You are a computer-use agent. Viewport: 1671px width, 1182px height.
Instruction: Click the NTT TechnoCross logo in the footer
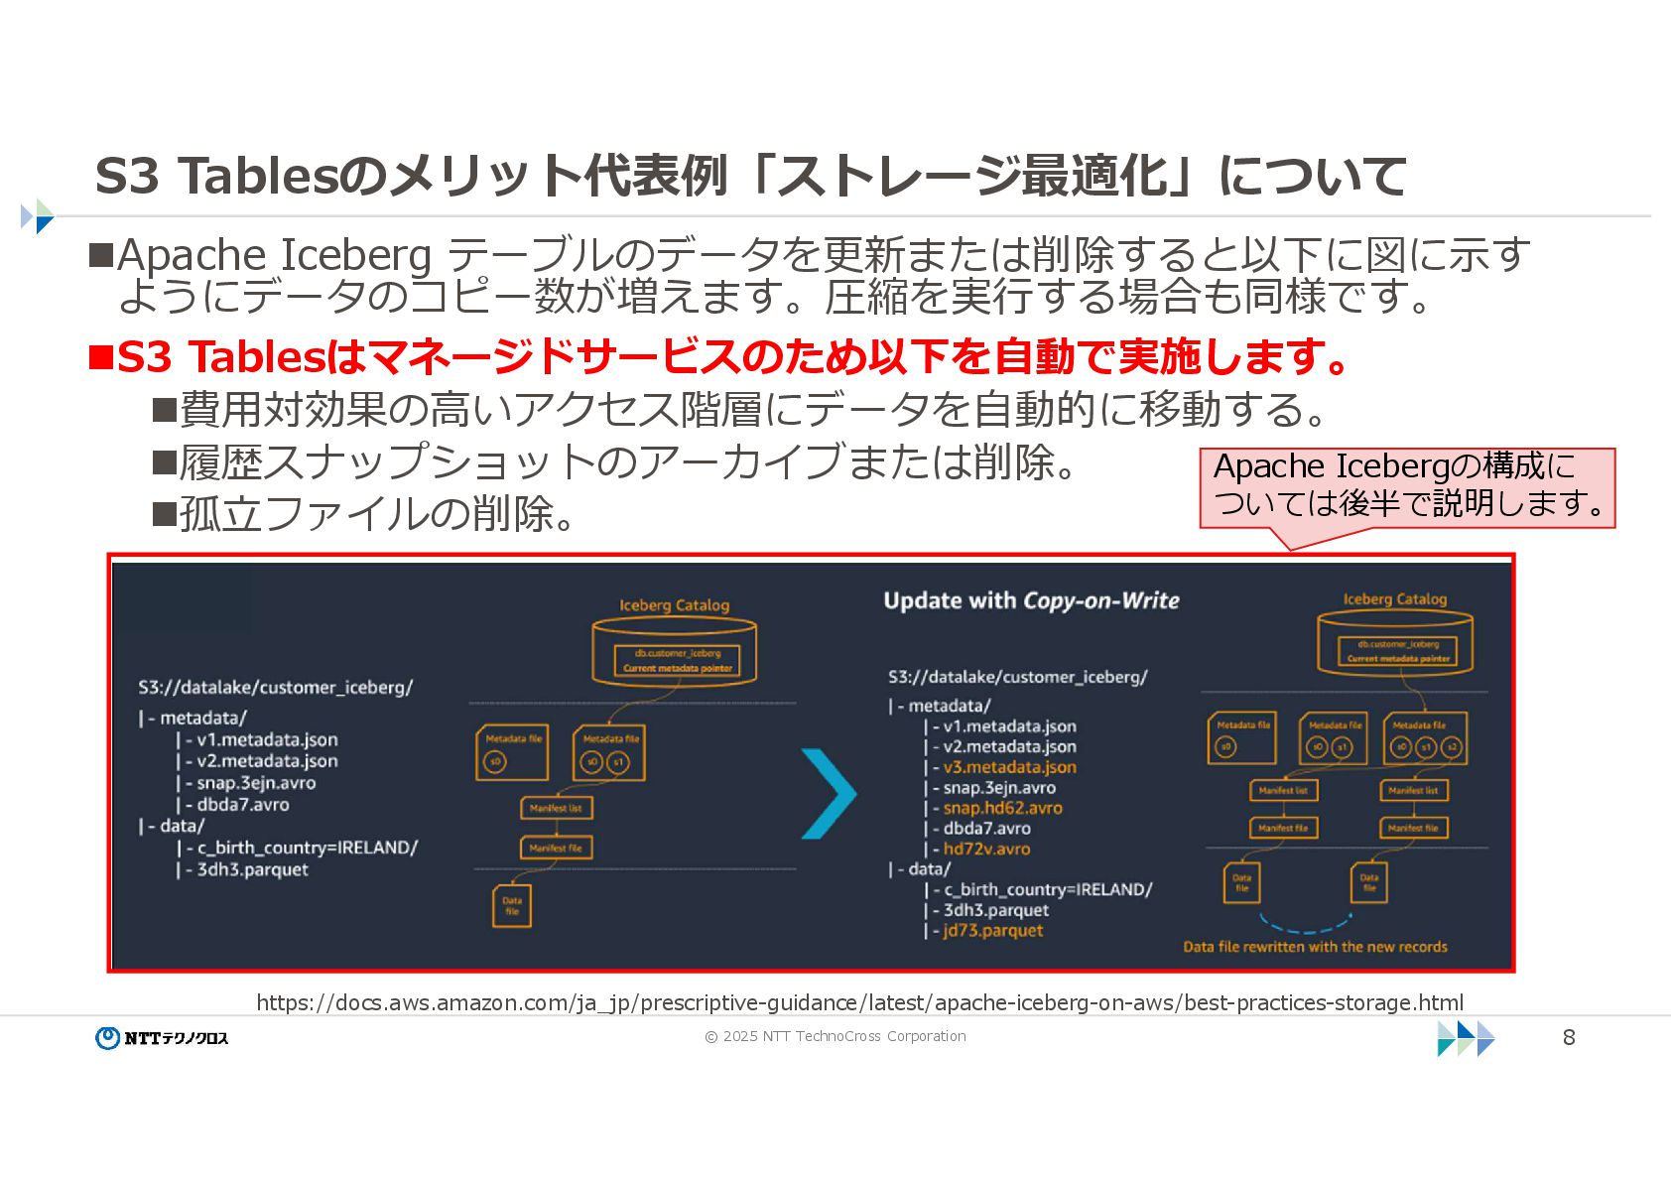pos(162,1037)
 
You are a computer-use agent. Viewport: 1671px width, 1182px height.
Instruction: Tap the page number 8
pos(1569,1037)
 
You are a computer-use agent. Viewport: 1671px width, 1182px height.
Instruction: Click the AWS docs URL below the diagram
pos(859,1002)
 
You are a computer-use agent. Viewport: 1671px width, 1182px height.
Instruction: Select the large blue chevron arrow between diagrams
pos(828,793)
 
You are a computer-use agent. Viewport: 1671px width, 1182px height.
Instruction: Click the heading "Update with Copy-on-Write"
pos(1031,600)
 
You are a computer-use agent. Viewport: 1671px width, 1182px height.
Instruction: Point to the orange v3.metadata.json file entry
pos(1009,767)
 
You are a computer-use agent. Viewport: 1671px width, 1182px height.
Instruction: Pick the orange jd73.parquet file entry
pos(992,931)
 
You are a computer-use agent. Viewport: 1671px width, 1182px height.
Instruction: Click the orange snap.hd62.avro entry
pos(1002,808)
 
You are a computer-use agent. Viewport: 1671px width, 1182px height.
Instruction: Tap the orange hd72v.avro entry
pos(986,849)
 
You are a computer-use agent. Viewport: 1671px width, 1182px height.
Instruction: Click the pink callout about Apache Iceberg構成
pos(1406,486)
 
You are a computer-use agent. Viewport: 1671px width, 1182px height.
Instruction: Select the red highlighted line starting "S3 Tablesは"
pos(719,357)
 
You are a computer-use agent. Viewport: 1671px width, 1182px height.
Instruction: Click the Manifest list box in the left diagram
pos(556,808)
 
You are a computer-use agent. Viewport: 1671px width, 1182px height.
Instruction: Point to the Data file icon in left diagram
pos(512,906)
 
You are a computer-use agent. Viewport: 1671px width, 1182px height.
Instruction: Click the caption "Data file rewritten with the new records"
pos(1315,947)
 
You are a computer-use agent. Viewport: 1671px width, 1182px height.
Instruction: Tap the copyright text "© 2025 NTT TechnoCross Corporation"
pos(835,1036)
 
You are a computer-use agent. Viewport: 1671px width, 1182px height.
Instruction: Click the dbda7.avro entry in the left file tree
pos(242,805)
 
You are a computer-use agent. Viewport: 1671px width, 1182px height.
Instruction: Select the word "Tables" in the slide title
pos(257,177)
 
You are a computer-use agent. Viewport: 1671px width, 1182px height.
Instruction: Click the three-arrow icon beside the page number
pos(1466,1037)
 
